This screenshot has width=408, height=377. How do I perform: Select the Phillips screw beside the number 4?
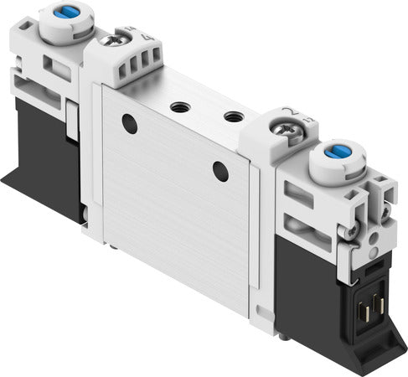tap(110, 39)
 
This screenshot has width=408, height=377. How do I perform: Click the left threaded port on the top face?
tap(178, 106)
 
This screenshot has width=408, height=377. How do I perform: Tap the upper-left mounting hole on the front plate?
tap(128, 124)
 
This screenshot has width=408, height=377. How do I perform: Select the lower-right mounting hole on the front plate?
tap(219, 172)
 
